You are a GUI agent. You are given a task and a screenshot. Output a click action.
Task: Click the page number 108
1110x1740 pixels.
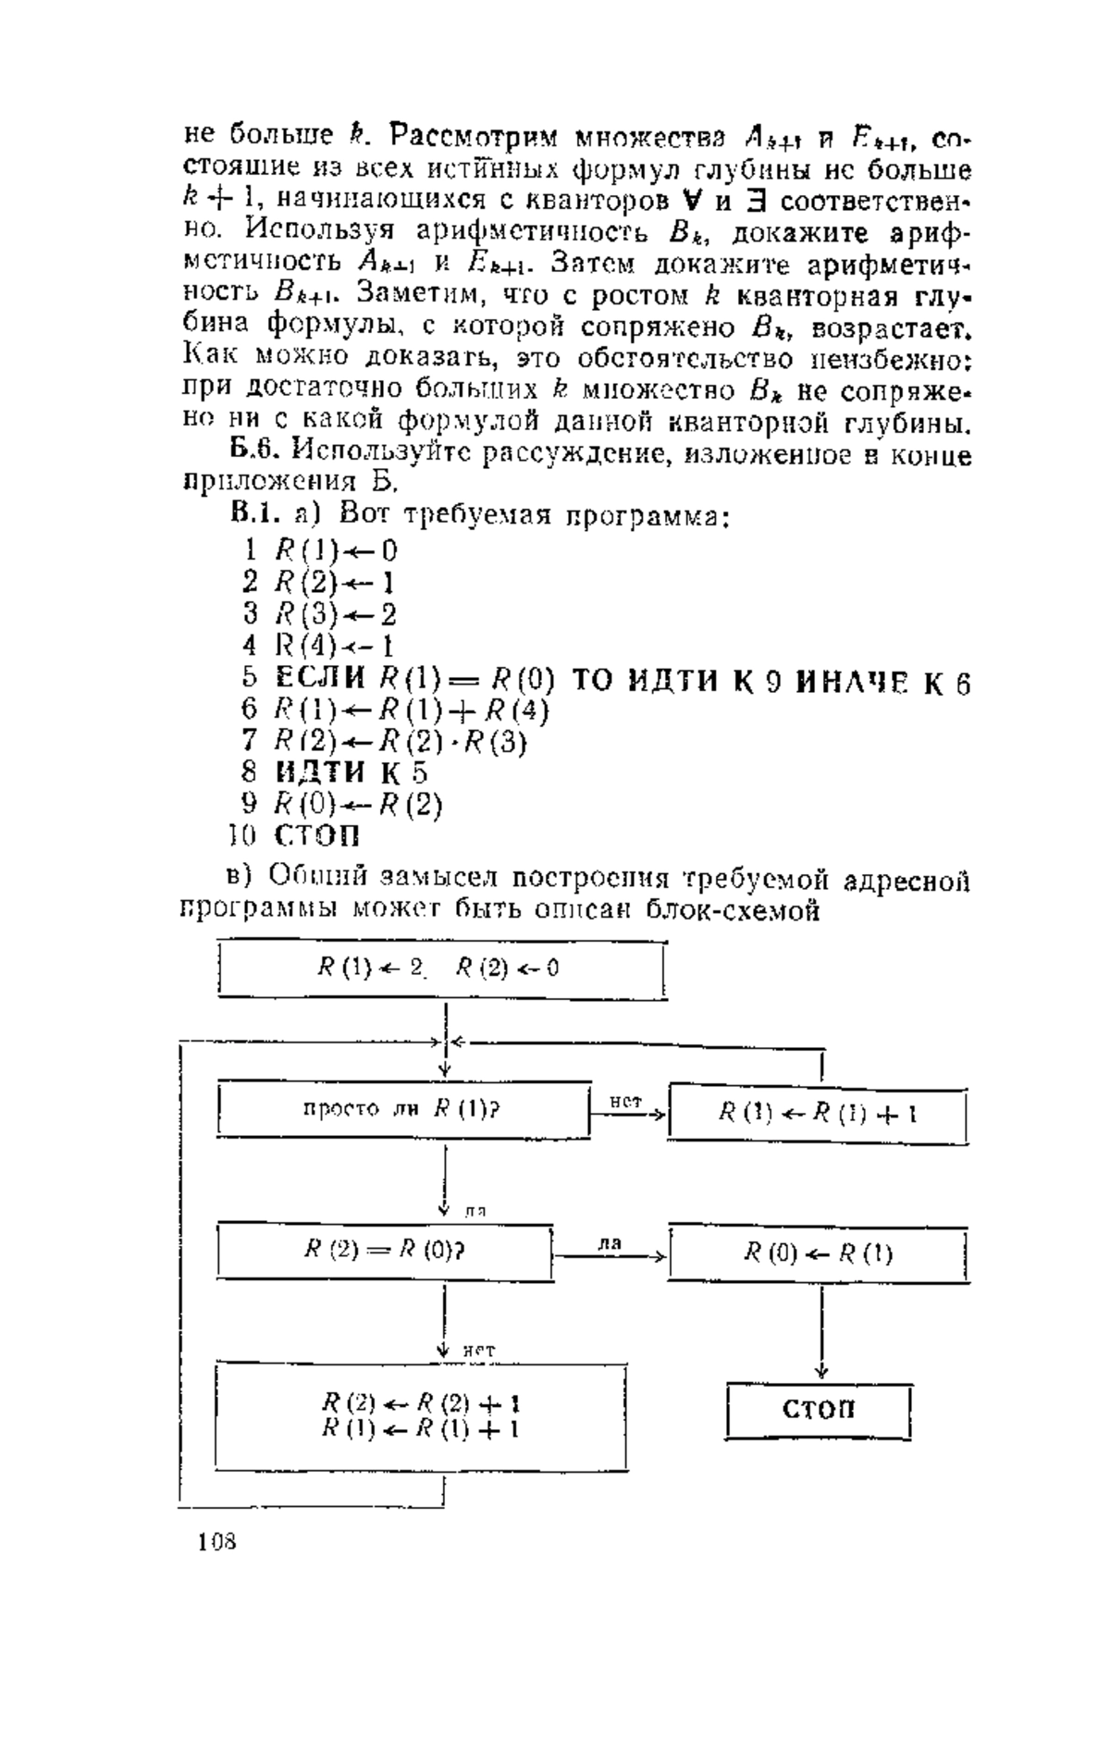217,1541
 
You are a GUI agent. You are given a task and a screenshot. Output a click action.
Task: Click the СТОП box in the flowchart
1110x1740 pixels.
819,1411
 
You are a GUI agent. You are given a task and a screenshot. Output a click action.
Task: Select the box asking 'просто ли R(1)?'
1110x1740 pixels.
404,1109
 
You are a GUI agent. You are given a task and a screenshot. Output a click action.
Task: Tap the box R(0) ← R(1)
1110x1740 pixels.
819,1254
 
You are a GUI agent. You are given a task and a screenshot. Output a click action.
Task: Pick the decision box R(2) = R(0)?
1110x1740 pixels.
385,1251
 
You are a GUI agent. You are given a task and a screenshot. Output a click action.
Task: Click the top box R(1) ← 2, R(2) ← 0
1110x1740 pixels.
441,969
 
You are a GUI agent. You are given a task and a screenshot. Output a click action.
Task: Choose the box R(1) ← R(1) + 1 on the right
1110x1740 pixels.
818,1113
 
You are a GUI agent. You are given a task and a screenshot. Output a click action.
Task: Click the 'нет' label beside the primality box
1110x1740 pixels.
626,1101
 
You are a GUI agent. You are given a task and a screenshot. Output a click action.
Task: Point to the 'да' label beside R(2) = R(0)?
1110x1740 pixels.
608,1244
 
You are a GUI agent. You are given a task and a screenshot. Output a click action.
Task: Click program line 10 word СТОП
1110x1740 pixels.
317,836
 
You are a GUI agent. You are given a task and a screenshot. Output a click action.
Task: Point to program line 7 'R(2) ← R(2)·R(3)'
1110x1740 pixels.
400,741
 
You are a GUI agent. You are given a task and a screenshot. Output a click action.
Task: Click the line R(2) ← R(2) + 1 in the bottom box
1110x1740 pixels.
420,1403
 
